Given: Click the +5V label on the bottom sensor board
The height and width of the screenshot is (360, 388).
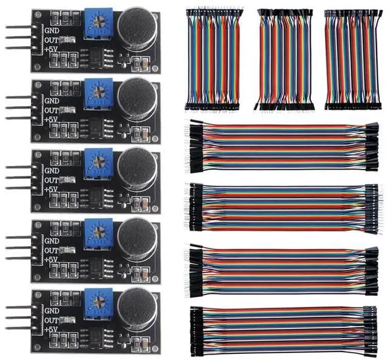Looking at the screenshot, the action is pyautogui.click(x=52, y=330).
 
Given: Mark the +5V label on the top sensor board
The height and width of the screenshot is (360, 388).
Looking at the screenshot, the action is pyautogui.click(x=52, y=52).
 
